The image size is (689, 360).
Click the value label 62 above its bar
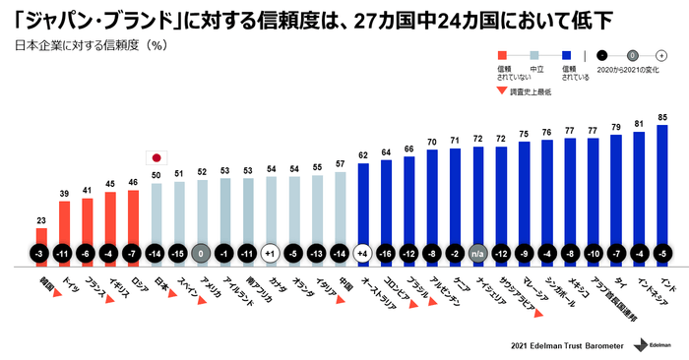pyautogui.click(x=361, y=154)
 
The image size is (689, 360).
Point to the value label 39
pyautogui.click(x=64, y=194)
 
